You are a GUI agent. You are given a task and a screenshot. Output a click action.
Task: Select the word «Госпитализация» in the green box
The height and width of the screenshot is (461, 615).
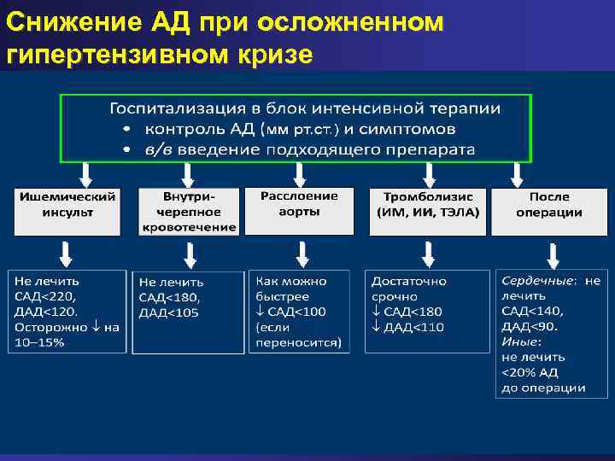click(x=171, y=109)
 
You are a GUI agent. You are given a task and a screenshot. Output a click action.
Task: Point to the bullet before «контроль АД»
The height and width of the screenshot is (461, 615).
click(x=125, y=130)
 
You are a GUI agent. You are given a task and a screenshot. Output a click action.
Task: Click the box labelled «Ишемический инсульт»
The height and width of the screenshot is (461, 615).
click(x=67, y=211)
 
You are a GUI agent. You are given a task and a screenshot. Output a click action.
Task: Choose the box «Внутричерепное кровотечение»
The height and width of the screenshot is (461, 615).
click(x=188, y=211)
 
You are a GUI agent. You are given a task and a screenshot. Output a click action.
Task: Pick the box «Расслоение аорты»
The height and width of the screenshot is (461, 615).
click(x=298, y=210)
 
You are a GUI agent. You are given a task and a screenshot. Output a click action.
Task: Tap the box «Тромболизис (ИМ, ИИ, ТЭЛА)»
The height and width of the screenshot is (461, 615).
click(x=426, y=210)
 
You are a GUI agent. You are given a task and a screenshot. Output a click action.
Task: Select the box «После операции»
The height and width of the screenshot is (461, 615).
click(x=549, y=210)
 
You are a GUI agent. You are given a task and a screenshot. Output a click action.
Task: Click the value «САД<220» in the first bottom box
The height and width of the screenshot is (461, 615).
click(x=45, y=296)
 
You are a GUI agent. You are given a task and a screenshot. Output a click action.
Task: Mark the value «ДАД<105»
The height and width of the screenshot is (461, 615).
click(x=169, y=312)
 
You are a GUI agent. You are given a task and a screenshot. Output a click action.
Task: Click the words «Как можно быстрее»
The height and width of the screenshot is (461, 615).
click(x=290, y=289)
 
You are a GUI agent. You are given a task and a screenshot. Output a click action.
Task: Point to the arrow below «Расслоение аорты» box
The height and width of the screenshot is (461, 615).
click(x=302, y=254)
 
